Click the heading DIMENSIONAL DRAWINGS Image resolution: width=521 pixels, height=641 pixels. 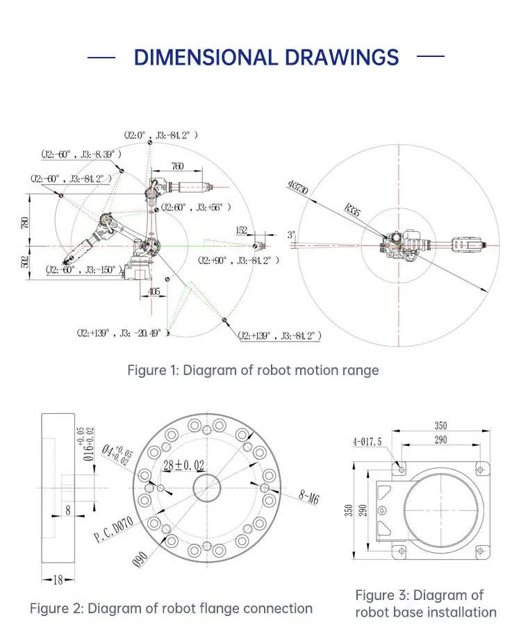click(266, 57)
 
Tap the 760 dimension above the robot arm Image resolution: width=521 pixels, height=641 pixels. click(178, 166)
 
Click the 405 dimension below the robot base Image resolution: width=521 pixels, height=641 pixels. click(154, 292)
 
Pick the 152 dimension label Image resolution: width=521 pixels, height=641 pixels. click(241, 231)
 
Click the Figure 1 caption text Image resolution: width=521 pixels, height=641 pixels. click(253, 370)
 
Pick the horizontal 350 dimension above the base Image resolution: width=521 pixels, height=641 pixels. click(440, 426)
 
